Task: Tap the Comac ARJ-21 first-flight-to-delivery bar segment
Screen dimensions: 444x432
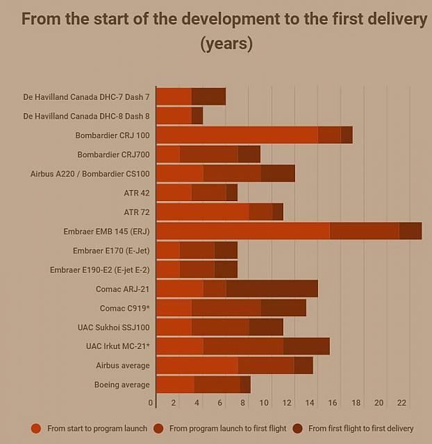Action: click(x=272, y=289)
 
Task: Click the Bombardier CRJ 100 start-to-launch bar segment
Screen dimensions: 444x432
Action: click(x=237, y=135)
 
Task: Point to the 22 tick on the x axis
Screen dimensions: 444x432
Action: click(x=401, y=402)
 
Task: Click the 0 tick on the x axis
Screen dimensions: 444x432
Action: click(x=151, y=402)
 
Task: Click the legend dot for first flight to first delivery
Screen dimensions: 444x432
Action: click(x=299, y=428)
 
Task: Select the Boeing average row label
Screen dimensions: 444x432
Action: click(x=122, y=384)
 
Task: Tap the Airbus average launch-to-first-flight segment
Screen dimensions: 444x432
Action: click(x=265, y=365)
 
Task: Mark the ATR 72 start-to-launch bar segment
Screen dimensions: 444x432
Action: click(x=203, y=212)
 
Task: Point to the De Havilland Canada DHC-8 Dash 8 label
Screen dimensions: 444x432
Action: click(x=86, y=116)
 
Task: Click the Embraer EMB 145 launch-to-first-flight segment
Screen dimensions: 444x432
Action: click(x=364, y=231)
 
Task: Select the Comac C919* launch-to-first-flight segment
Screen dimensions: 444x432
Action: click(x=226, y=307)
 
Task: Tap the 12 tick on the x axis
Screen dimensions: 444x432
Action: click(x=286, y=402)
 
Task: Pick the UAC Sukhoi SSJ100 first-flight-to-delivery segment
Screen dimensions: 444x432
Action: click(x=266, y=327)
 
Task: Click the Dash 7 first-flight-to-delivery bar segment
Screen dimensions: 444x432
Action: click(x=208, y=97)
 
